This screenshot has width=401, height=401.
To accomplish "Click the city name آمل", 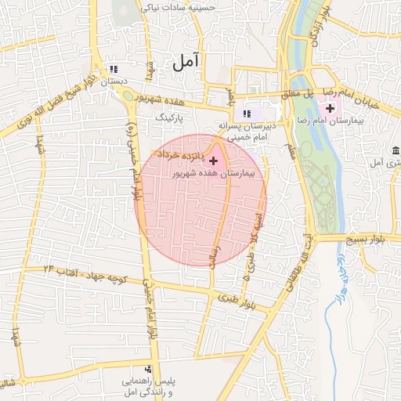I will (x=186, y=60).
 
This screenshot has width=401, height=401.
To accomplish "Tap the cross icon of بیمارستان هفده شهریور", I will (x=213, y=161).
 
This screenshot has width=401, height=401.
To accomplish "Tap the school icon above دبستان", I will (x=115, y=69).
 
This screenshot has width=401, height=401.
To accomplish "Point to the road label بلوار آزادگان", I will (x=315, y=25).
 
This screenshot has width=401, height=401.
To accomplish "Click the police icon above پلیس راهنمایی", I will (x=148, y=368).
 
